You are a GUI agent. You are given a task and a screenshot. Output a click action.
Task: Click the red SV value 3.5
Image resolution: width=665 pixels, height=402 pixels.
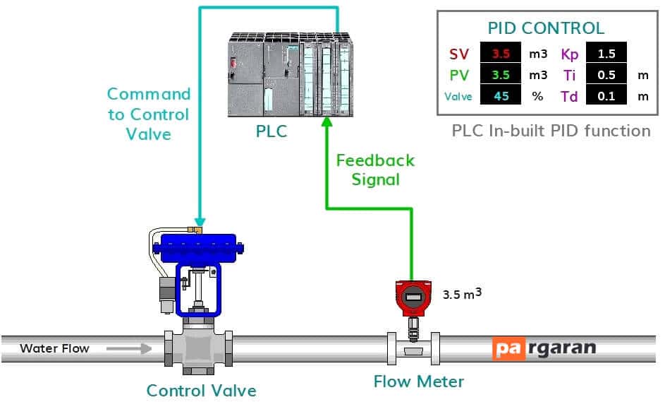[501, 54]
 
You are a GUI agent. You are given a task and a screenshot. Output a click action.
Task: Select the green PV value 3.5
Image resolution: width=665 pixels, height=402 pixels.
[501, 75]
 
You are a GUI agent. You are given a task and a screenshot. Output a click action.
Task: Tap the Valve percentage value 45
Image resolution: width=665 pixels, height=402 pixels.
[501, 96]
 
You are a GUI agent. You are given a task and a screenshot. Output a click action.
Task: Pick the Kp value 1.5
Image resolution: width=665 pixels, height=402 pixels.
[606, 54]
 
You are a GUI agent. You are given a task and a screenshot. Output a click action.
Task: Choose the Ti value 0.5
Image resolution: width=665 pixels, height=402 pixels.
[606, 75]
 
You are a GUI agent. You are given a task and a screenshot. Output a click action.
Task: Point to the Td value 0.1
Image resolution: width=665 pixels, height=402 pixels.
[606, 96]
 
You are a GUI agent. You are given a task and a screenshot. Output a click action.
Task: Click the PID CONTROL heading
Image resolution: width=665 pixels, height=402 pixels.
[546, 28]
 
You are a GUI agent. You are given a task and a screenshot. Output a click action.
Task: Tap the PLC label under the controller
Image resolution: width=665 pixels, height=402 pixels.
[272, 131]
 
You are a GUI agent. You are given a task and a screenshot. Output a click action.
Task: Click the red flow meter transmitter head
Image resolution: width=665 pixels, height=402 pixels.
[413, 298]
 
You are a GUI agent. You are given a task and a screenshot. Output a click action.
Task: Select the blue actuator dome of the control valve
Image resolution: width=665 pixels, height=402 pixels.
[198, 249]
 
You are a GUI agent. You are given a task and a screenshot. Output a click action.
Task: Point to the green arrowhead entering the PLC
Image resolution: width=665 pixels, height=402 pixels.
[327, 122]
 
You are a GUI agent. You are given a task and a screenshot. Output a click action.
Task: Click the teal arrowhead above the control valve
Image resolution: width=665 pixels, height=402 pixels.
[200, 222]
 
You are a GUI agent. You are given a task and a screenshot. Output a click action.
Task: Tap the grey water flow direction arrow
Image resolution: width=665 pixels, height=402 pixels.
[129, 349]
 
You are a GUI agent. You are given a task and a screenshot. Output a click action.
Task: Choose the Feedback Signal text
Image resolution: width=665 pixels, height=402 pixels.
[375, 170]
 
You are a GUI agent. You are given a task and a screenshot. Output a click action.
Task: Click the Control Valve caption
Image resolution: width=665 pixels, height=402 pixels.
[202, 391]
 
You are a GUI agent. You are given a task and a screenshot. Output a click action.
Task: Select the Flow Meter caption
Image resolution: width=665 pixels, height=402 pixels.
[419, 382]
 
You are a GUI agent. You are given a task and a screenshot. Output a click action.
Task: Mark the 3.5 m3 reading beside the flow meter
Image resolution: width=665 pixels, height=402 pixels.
[463, 294]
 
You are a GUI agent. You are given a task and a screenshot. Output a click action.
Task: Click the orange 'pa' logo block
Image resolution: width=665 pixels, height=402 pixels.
[508, 348]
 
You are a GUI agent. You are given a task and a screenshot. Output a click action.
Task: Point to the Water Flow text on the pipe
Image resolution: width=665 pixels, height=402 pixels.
[54, 348]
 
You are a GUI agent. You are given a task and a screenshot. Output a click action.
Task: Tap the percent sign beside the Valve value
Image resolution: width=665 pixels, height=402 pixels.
[538, 97]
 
